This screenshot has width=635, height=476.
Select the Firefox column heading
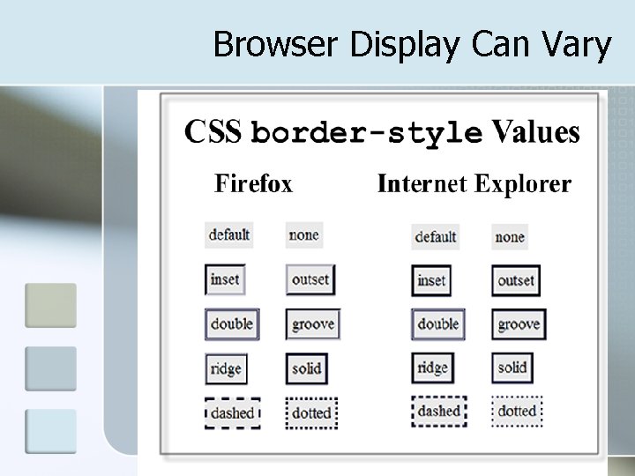[253, 184]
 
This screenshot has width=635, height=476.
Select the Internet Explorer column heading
[474, 184]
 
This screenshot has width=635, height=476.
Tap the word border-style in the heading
[367, 133]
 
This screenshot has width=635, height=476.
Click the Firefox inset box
[225, 279]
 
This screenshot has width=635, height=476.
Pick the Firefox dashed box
[232, 413]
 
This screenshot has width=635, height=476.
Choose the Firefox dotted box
[311, 413]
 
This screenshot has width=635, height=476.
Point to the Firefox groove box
[313, 324]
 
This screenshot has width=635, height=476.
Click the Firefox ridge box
[225, 368]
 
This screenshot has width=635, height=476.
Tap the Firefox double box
[232, 324]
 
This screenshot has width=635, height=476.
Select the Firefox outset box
[310, 279]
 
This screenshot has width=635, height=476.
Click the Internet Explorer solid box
[512, 368]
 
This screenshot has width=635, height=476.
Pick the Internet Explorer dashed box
[438, 412]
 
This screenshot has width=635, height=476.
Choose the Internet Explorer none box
[510, 236]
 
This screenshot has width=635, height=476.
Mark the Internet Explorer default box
[436, 236]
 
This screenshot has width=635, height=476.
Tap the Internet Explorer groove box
[519, 324]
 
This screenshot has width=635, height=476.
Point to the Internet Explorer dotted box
[518, 412]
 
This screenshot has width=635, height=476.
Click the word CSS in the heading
[213, 133]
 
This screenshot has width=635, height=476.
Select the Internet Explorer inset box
[431, 280]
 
